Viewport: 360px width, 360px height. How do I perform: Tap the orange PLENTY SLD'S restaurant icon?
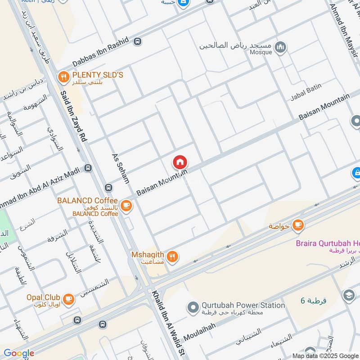click(x=63, y=77)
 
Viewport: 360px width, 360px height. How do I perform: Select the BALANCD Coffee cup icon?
click(x=126, y=206)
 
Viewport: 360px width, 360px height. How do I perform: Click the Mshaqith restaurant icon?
click(x=172, y=257)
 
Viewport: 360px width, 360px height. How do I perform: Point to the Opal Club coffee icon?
click(x=68, y=299)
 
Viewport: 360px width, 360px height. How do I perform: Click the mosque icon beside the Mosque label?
click(x=280, y=47)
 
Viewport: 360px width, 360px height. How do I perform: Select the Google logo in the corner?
click(x=19, y=353)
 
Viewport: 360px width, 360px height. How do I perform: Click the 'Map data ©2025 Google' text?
click(x=324, y=355)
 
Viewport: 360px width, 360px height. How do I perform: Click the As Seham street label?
click(x=121, y=169)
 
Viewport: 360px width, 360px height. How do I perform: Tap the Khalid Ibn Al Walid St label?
click(x=169, y=322)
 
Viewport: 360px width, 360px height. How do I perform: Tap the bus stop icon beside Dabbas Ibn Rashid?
click(x=137, y=41)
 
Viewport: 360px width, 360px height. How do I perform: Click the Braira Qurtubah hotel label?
click(x=327, y=243)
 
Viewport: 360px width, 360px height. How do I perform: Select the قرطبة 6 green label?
click(x=314, y=300)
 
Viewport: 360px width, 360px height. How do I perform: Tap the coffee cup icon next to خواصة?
click(x=297, y=225)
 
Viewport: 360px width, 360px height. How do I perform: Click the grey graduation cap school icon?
click(x=349, y=295)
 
